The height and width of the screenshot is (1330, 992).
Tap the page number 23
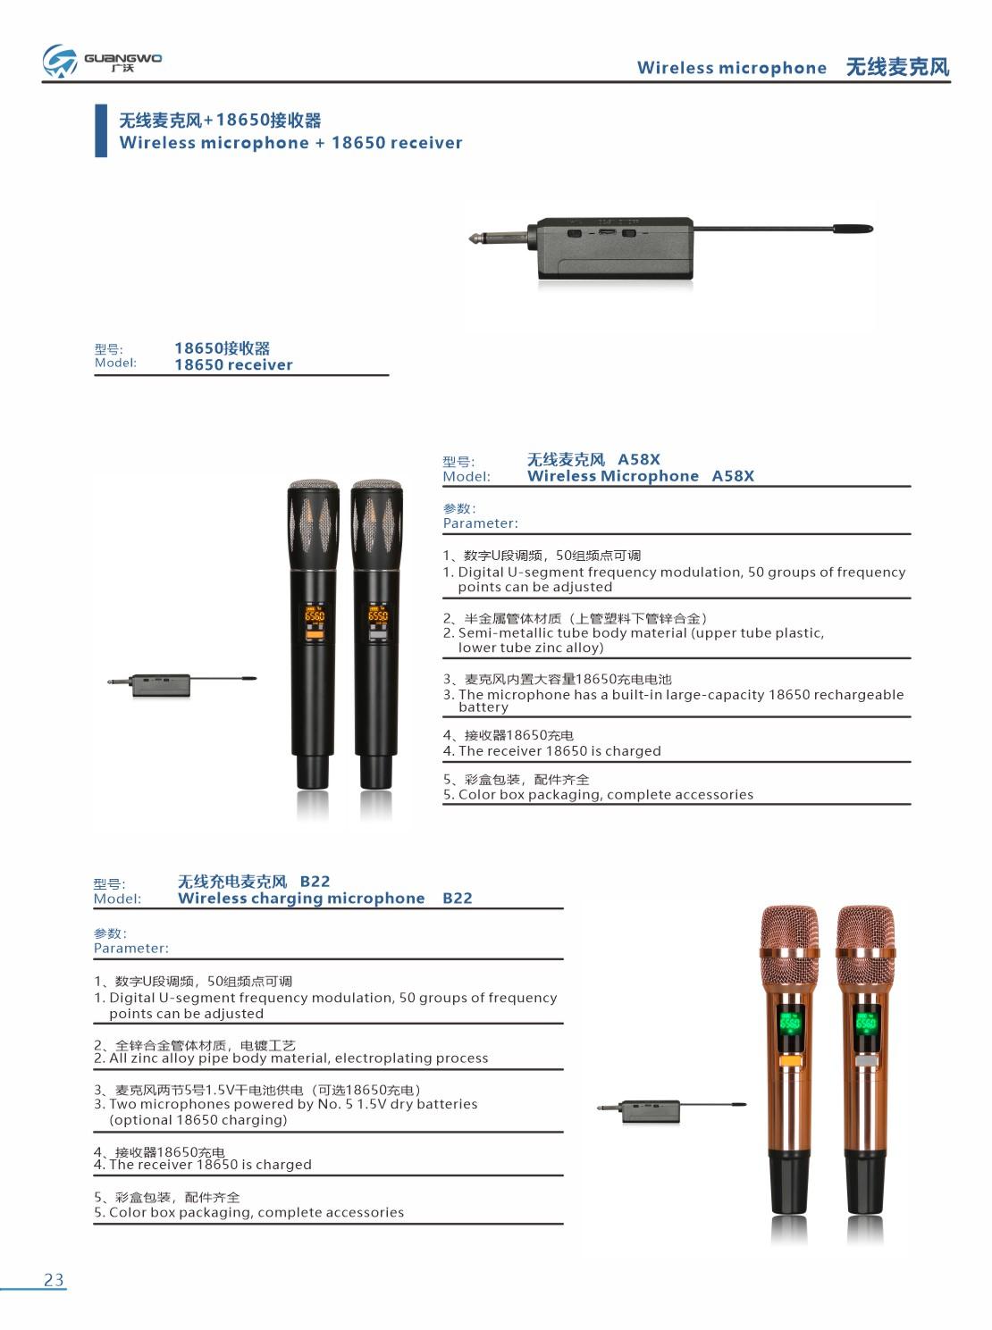tap(54, 1279)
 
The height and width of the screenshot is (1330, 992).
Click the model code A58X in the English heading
tap(733, 476)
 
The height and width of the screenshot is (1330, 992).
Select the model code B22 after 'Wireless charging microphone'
tap(457, 898)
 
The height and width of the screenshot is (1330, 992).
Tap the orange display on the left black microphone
tap(315, 615)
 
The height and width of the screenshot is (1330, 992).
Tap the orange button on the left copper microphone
tap(788, 1062)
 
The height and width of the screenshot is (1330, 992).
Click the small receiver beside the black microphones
tap(161, 685)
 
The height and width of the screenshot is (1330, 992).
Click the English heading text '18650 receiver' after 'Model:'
tap(233, 364)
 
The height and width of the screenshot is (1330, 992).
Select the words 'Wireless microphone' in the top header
tap(731, 68)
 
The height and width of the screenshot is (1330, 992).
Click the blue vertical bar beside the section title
tap(101, 130)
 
